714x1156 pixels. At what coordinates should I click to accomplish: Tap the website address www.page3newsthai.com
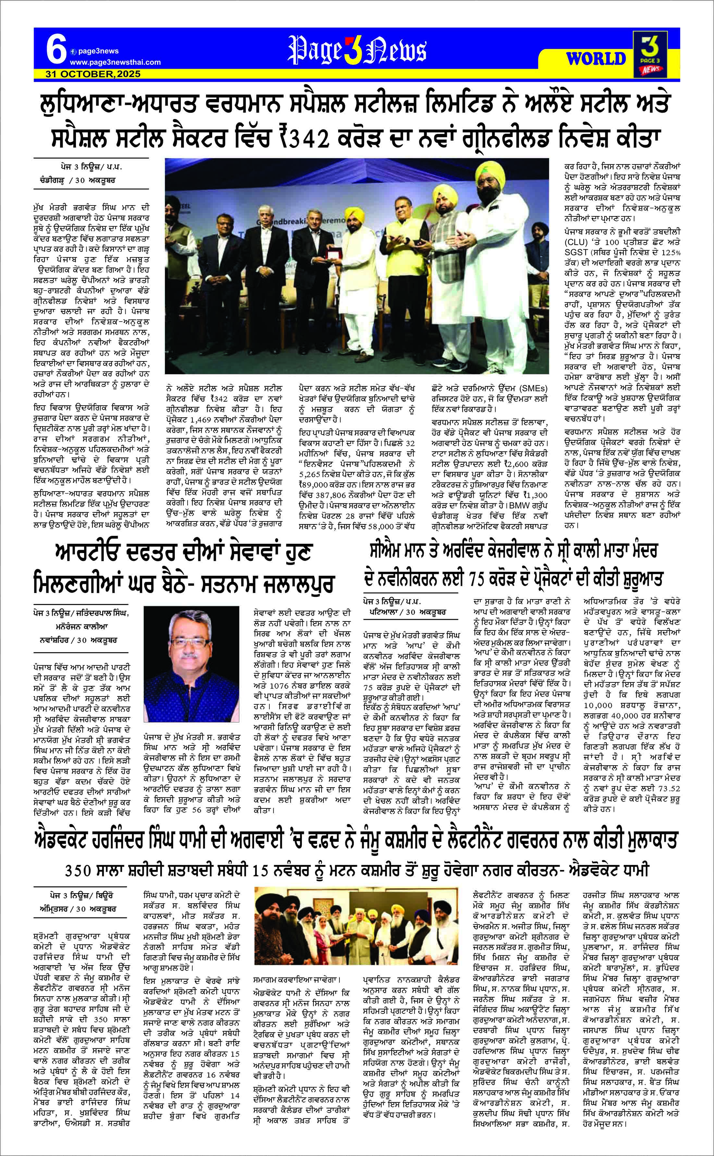click(115, 62)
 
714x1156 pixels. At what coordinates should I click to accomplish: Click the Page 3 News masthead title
click(357, 51)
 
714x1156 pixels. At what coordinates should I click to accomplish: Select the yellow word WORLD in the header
click(596, 58)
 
